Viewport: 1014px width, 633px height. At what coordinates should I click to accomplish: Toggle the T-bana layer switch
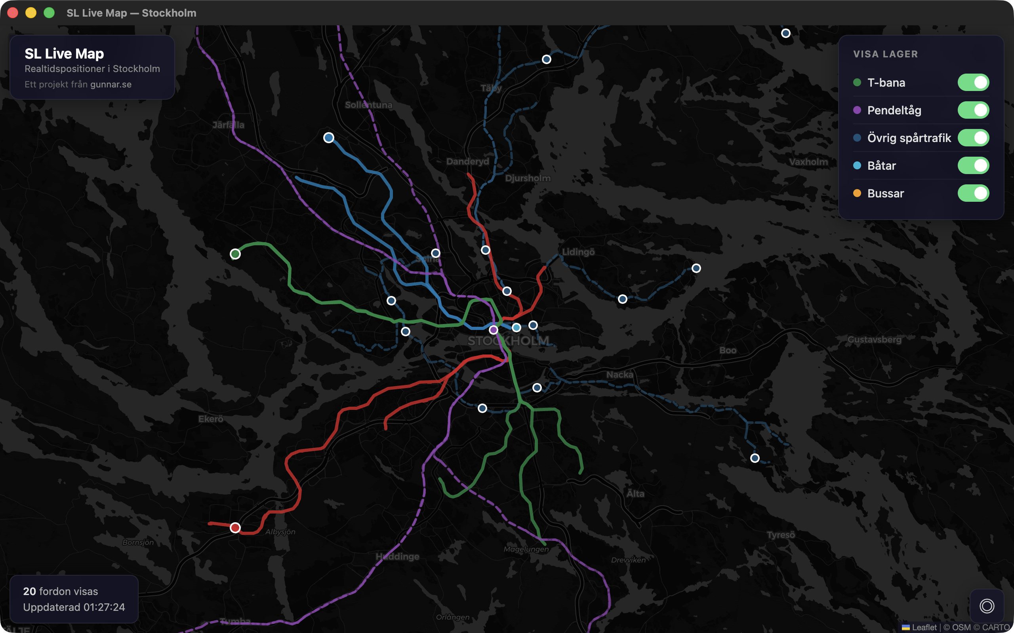click(973, 82)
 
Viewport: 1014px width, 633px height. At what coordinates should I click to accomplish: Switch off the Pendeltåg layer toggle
click(973, 110)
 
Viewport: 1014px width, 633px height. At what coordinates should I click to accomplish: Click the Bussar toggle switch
click(973, 193)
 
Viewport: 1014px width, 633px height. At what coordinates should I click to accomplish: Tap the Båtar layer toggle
click(973, 166)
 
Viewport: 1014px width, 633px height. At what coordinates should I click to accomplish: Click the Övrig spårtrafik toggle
click(973, 138)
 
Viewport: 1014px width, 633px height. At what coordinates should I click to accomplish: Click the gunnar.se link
click(111, 85)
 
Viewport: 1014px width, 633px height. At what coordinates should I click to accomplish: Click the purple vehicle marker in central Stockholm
click(494, 330)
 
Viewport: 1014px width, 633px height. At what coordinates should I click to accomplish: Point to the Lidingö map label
click(578, 252)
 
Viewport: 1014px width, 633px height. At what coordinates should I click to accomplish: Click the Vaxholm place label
click(808, 162)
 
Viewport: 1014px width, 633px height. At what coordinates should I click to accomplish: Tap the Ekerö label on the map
click(211, 419)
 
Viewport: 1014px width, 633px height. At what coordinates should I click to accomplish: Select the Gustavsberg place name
click(875, 339)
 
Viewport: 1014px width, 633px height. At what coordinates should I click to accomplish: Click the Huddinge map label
click(397, 556)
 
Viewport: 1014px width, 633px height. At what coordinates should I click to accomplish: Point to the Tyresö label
click(781, 534)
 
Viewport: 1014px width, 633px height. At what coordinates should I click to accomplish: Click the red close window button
click(13, 13)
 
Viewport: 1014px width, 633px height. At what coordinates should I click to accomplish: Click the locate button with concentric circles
click(987, 606)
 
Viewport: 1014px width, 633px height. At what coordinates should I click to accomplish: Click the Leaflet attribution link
click(924, 627)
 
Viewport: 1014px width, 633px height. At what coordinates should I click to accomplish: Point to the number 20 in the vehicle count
click(29, 591)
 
